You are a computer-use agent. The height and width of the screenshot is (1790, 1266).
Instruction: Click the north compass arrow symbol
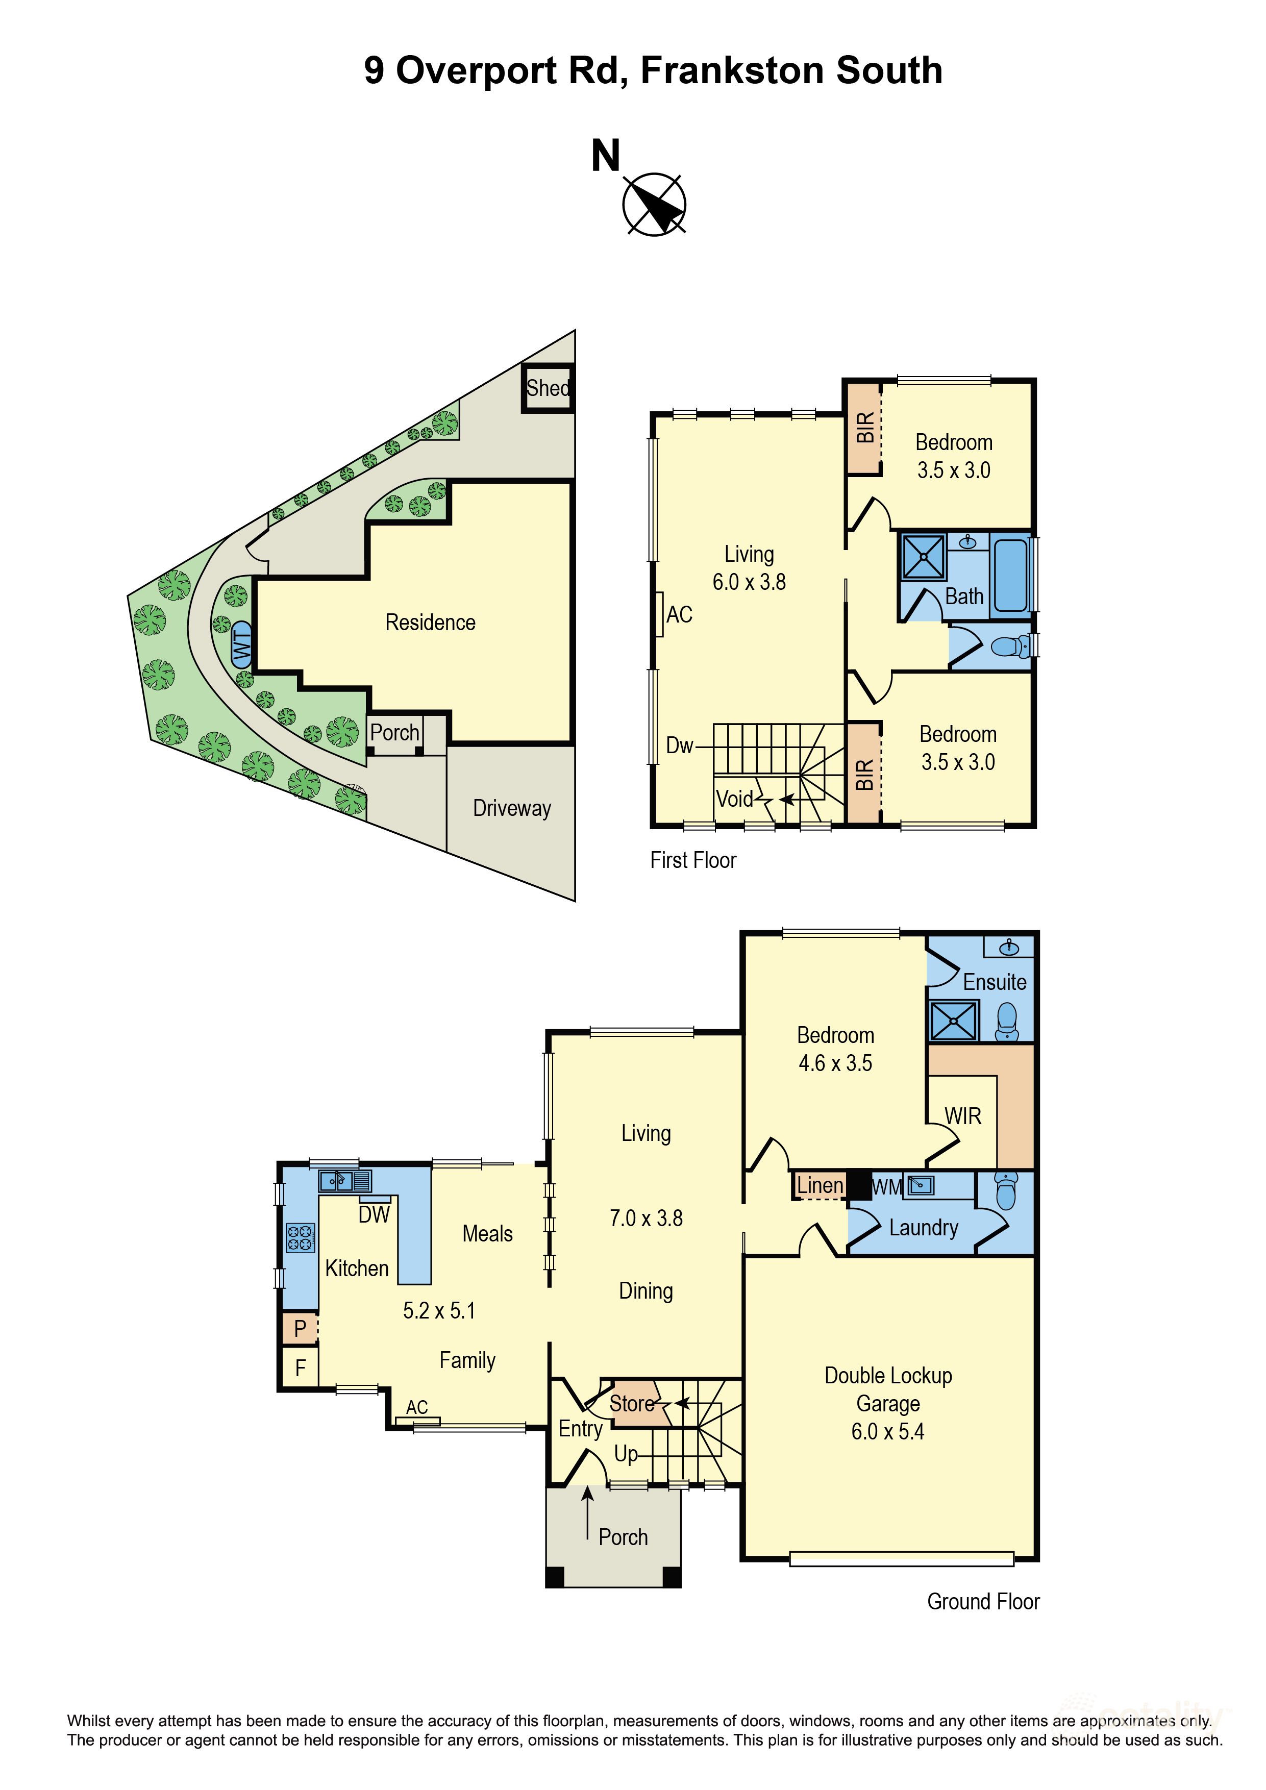point(654,204)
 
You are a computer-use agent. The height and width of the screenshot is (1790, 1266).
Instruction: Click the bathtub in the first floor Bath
point(1010,575)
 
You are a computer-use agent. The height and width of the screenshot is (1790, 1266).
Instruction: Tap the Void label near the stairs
point(734,799)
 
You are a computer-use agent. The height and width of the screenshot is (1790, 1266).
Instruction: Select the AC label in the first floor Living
point(679,614)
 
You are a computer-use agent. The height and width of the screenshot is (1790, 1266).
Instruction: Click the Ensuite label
point(995,982)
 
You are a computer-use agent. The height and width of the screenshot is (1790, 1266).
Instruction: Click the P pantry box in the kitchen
point(300,1328)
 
